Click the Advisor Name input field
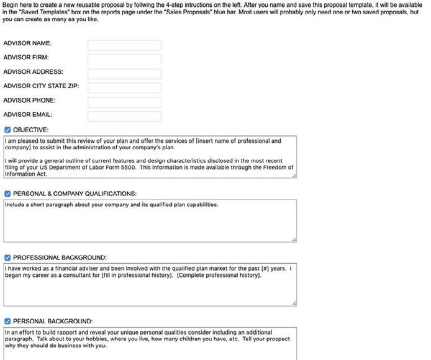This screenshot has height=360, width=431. point(124,45)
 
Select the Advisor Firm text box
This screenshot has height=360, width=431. point(124,60)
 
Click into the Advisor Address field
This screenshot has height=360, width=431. point(124,74)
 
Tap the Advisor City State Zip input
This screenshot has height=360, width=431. point(124,88)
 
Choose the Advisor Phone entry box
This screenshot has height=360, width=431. point(124,102)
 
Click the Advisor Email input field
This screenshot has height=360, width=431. point(124,117)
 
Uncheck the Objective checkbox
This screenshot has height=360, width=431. point(7,130)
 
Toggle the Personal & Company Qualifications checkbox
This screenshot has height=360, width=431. point(7,194)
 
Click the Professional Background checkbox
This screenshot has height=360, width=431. point(7,258)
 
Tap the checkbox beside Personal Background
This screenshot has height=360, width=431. point(7,322)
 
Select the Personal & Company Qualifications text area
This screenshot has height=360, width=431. point(149,223)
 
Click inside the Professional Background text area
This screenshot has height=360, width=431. point(149,289)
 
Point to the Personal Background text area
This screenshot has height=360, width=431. point(149,351)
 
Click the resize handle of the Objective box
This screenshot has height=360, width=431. point(294,176)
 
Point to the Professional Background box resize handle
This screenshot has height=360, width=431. point(294,304)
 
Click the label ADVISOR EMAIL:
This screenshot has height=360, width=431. point(28,115)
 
